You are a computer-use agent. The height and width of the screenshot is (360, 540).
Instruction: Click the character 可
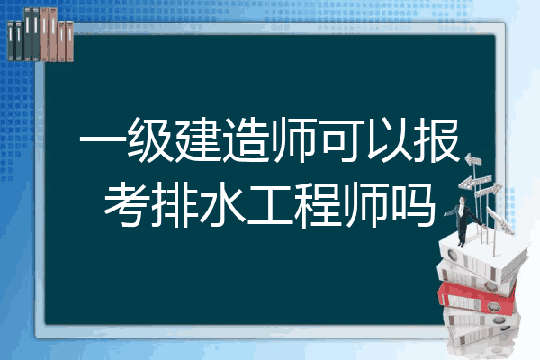click(341, 140)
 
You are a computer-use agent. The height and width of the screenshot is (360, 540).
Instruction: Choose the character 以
click(389, 140)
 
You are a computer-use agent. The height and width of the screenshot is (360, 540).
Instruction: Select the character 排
click(175, 205)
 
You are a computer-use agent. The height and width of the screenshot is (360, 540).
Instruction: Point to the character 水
click(222, 205)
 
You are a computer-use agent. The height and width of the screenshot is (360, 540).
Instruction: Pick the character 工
click(270, 205)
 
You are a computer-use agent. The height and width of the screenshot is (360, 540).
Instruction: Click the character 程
click(318, 205)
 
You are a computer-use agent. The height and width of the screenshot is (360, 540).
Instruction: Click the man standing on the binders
click(463, 220)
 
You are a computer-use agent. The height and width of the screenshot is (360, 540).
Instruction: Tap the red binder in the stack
click(476, 298)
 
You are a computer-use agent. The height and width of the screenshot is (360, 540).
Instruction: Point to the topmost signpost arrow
click(473, 159)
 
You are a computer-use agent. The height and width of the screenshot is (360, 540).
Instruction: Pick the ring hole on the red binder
click(493, 306)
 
